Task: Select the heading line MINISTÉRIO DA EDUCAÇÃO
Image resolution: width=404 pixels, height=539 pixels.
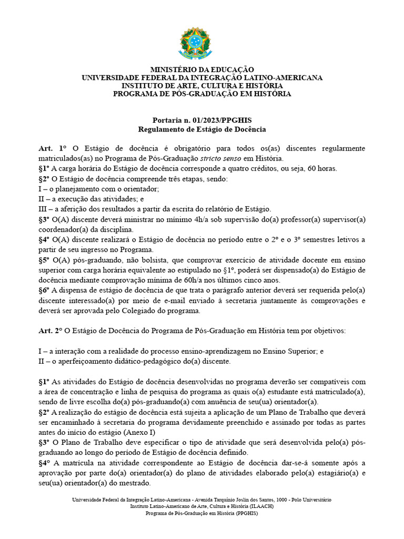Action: coord(202,69)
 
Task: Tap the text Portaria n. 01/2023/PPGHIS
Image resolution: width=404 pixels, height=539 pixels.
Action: coord(202,119)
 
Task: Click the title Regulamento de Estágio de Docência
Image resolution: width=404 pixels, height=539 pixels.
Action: coord(202,128)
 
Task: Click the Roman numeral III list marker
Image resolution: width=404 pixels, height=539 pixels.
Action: coord(43,209)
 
